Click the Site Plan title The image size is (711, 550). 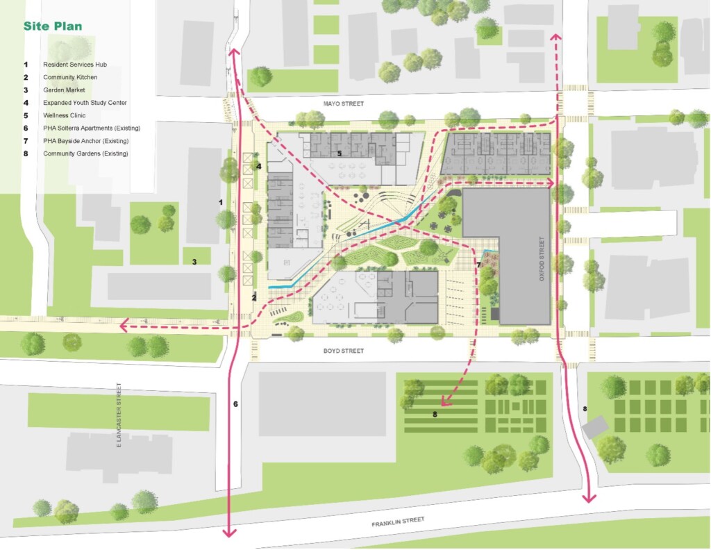pos(53,26)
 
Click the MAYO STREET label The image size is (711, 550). pos(343,103)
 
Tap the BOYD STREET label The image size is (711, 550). pos(343,351)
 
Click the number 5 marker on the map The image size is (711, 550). pos(339,153)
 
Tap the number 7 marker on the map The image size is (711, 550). pos(478,265)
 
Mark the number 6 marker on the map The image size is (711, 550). pos(235,403)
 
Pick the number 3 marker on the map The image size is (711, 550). pos(194,262)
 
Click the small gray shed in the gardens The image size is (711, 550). pos(594,427)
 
